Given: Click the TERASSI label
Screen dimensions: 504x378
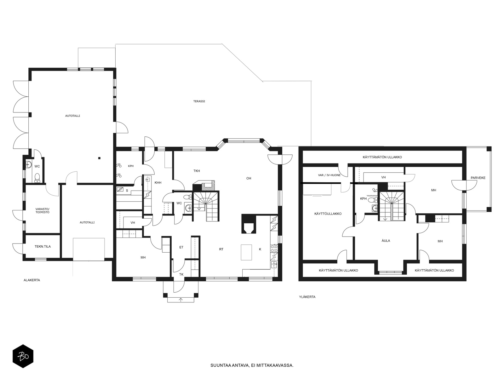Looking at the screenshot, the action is click(x=199, y=101).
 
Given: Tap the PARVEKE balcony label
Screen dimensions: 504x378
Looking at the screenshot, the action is click(x=478, y=178).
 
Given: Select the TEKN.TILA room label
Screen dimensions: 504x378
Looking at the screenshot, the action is click(x=43, y=247).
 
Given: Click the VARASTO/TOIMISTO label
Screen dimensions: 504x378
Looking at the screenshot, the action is click(x=43, y=211).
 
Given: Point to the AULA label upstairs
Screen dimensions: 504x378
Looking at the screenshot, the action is click(x=386, y=241).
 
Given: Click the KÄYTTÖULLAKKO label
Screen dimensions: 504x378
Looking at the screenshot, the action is click(x=328, y=214).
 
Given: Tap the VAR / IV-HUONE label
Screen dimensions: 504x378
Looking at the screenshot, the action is click(x=329, y=175).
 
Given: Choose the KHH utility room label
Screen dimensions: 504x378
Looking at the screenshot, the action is click(x=158, y=183).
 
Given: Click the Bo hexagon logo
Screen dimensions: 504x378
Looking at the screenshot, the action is click(x=23, y=357).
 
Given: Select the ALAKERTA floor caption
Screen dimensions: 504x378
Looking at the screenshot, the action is click(x=32, y=280).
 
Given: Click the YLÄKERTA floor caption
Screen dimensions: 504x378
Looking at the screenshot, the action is click(x=307, y=297).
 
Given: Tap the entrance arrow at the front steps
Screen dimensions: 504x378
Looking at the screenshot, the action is click(x=181, y=300).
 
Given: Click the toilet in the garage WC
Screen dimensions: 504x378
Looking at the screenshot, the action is click(x=37, y=178).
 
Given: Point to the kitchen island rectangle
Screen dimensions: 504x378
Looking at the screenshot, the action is click(x=246, y=252).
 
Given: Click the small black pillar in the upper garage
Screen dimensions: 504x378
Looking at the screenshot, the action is click(x=99, y=158).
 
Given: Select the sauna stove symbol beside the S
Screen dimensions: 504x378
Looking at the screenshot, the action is click(x=120, y=190).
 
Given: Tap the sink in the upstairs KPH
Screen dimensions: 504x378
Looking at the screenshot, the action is click(x=375, y=209).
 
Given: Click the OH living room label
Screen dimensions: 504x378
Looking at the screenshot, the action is click(x=249, y=178).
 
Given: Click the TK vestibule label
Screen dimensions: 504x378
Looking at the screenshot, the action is click(x=181, y=274).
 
